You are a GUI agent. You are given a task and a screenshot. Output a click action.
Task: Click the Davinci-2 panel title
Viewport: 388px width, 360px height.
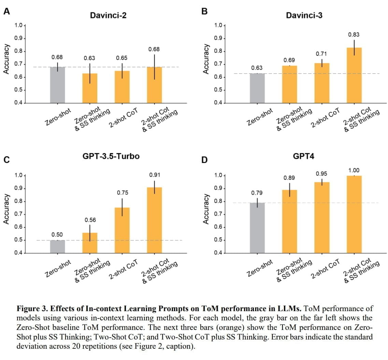(x=108, y=15)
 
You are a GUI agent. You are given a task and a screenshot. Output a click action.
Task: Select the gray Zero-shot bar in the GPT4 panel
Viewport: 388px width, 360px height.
(x=257, y=227)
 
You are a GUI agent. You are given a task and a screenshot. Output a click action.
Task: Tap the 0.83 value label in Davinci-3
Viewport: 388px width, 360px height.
(x=354, y=34)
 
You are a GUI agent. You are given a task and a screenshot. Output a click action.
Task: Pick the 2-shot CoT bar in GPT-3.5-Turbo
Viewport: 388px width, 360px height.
(x=122, y=230)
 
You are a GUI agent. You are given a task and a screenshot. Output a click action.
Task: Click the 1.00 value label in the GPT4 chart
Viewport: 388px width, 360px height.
(x=354, y=170)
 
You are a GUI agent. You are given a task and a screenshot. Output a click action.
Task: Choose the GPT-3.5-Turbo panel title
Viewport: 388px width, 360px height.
(x=111, y=156)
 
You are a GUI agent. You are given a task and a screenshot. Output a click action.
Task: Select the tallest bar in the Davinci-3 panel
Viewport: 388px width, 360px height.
(x=354, y=75)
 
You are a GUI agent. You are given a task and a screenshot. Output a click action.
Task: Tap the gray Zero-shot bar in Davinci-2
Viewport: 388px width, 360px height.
(x=57, y=85)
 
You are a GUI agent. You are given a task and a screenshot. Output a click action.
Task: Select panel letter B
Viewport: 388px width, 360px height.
(x=205, y=11)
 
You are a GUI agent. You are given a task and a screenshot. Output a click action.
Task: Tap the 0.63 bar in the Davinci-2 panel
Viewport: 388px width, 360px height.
(x=90, y=88)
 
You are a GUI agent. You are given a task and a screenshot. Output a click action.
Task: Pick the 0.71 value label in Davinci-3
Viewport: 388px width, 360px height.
(x=321, y=54)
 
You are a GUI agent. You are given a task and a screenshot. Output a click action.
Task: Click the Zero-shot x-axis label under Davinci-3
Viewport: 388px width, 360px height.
(x=260, y=117)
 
